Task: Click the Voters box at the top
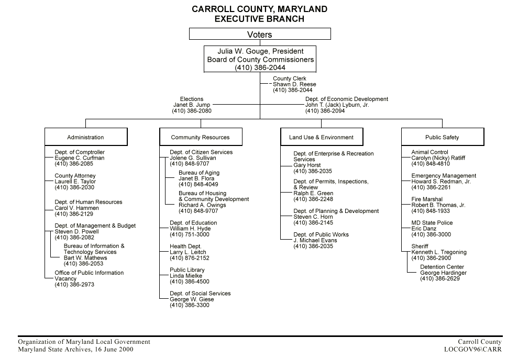(x=260, y=35)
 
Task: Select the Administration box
(x=86, y=137)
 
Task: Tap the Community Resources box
(x=201, y=137)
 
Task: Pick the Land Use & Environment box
(x=322, y=137)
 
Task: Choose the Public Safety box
(x=442, y=137)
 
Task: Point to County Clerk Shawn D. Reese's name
(x=294, y=84)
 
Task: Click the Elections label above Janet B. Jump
(x=191, y=99)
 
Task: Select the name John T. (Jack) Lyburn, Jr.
(x=337, y=105)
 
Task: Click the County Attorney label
(x=75, y=176)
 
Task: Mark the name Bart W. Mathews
(x=85, y=258)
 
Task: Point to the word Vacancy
(x=65, y=279)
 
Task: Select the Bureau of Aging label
(x=199, y=173)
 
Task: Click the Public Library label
(x=187, y=270)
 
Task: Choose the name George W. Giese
(x=192, y=299)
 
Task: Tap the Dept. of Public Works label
(x=321, y=234)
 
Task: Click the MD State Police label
(x=432, y=223)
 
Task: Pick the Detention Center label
(x=442, y=267)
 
